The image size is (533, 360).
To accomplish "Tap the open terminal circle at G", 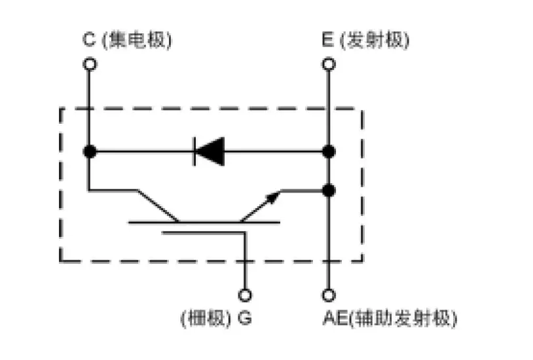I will tap(245, 295).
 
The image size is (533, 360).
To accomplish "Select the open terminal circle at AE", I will tap(329, 295).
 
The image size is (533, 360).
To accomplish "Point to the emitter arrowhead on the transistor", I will tap(273, 197).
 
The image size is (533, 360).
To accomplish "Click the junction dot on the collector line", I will tap(90, 151).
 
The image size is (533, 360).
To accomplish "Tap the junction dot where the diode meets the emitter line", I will tap(329, 151).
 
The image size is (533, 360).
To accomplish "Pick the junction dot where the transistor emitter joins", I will tap(329, 190).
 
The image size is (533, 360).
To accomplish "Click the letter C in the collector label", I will tap(90, 41).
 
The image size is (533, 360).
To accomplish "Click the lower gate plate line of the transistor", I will tap(203, 232).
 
